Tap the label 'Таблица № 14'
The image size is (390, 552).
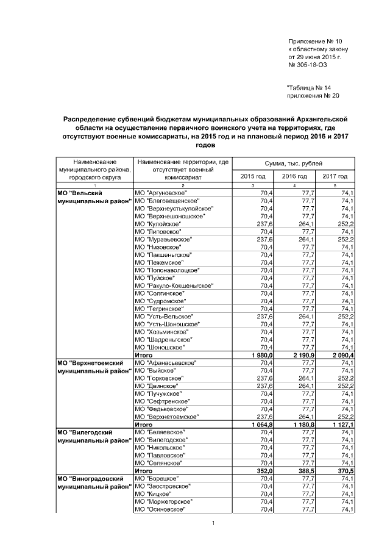(309, 88)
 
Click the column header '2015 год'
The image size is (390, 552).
(253, 176)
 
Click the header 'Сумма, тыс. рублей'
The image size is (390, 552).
(294, 164)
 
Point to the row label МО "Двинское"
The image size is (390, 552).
(155, 385)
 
